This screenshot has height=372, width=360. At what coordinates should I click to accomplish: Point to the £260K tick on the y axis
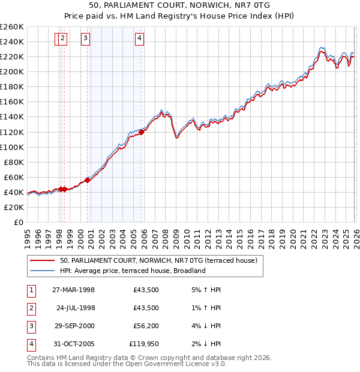click(11, 27)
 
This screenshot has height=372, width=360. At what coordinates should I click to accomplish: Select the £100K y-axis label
click(11, 147)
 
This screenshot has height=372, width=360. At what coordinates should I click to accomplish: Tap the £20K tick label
click(14, 207)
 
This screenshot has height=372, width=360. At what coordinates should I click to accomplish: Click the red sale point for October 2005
click(142, 132)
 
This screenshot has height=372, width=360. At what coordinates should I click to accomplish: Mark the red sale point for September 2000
click(88, 179)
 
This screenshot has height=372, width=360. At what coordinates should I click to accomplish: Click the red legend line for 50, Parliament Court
click(43, 260)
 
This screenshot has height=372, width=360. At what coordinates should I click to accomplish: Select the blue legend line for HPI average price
click(43, 271)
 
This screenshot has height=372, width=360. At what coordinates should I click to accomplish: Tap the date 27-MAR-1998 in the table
click(74, 290)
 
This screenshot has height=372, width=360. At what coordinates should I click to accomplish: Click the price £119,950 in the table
click(144, 344)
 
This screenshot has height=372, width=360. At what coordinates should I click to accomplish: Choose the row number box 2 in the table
click(30, 308)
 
